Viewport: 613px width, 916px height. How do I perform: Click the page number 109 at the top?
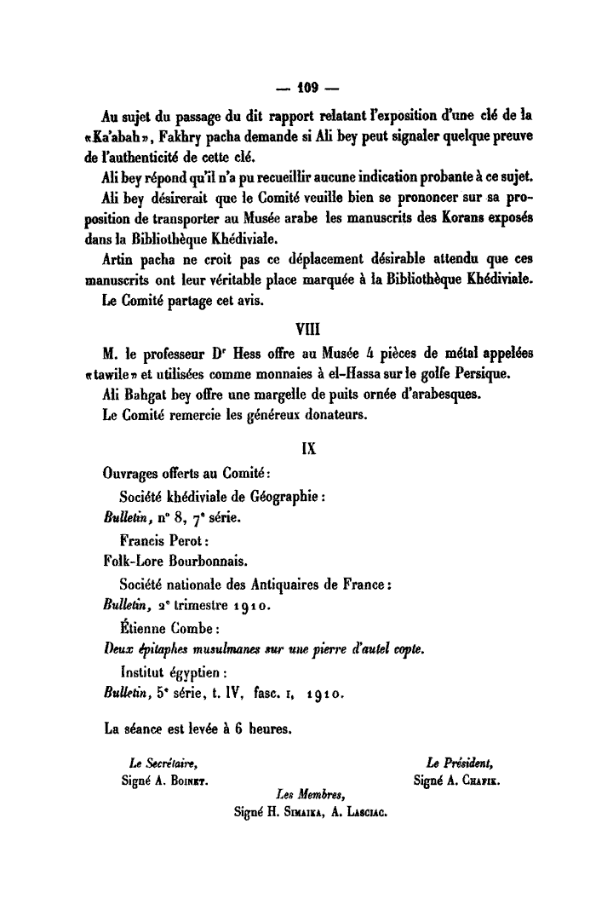[307, 87]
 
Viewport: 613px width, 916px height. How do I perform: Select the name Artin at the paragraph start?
[117, 258]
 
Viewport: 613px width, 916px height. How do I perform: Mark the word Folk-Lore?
[132, 562]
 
